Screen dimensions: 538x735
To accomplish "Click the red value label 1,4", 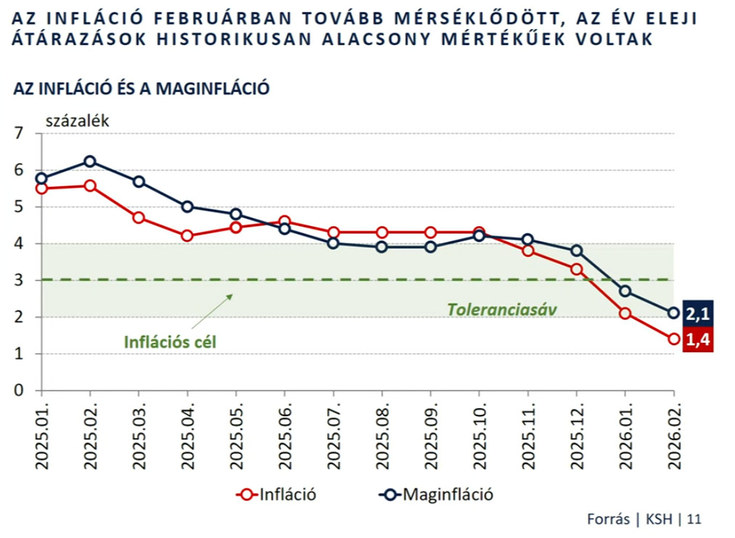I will coord(699,339).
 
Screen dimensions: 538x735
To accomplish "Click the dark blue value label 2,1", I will coord(699,313).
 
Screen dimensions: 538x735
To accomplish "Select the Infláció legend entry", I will coord(279,495).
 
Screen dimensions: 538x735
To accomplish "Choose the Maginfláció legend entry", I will coord(437,495).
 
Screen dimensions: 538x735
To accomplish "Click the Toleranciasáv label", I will coord(496,310).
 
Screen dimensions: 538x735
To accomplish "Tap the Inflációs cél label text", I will coord(170,340).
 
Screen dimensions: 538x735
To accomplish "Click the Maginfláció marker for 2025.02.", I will coord(90,161).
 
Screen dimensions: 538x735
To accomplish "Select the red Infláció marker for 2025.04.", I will coord(188,236).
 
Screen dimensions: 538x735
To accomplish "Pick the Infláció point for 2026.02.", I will coord(673,339).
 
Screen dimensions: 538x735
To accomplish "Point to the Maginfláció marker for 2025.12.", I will coord(576,251).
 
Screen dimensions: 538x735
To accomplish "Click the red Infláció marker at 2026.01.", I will coord(625,313).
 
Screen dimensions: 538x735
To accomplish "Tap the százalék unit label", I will coord(78,121).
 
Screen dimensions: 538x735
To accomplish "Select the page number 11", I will coord(694,519).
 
